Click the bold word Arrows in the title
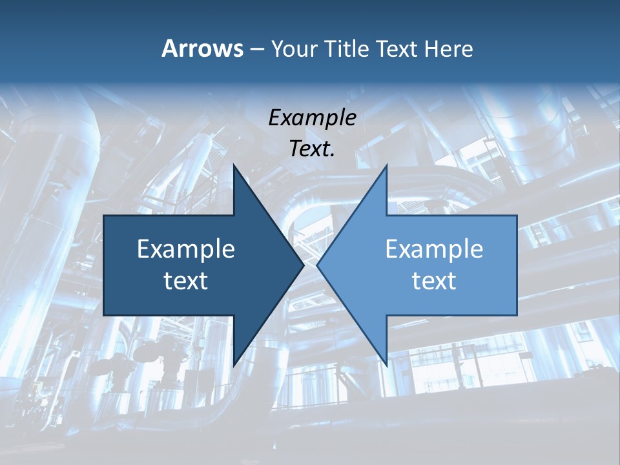point(201,48)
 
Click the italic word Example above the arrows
point(312,118)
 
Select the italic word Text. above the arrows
point(312,149)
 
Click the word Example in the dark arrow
point(186,249)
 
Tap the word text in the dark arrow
point(186,281)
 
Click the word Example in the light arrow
point(434,249)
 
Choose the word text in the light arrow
point(434,281)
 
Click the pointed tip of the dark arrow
point(304,265)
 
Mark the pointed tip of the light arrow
point(317,265)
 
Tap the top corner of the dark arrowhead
point(234,165)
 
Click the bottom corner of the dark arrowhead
point(234,366)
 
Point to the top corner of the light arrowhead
point(386,165)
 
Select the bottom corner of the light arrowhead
point(386,366)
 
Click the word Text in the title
point(396,48)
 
